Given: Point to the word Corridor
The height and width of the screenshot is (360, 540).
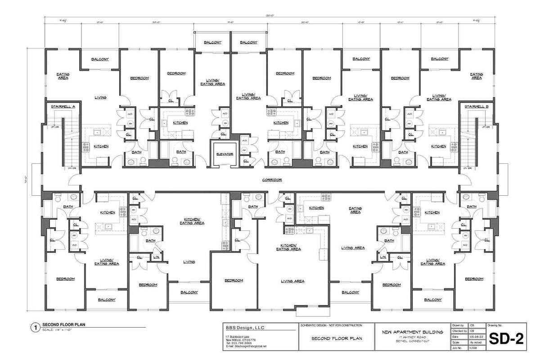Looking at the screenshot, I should (x=272, y=180).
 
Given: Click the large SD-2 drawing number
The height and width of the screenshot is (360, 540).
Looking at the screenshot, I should (x=506, y=338).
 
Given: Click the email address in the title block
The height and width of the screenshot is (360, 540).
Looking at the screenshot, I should (x=246, y=346).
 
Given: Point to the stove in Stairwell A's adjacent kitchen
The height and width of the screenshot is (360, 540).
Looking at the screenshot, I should (x=85, y=145).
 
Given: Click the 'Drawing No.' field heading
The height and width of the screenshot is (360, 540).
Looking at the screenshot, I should (x=493, y=325).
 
